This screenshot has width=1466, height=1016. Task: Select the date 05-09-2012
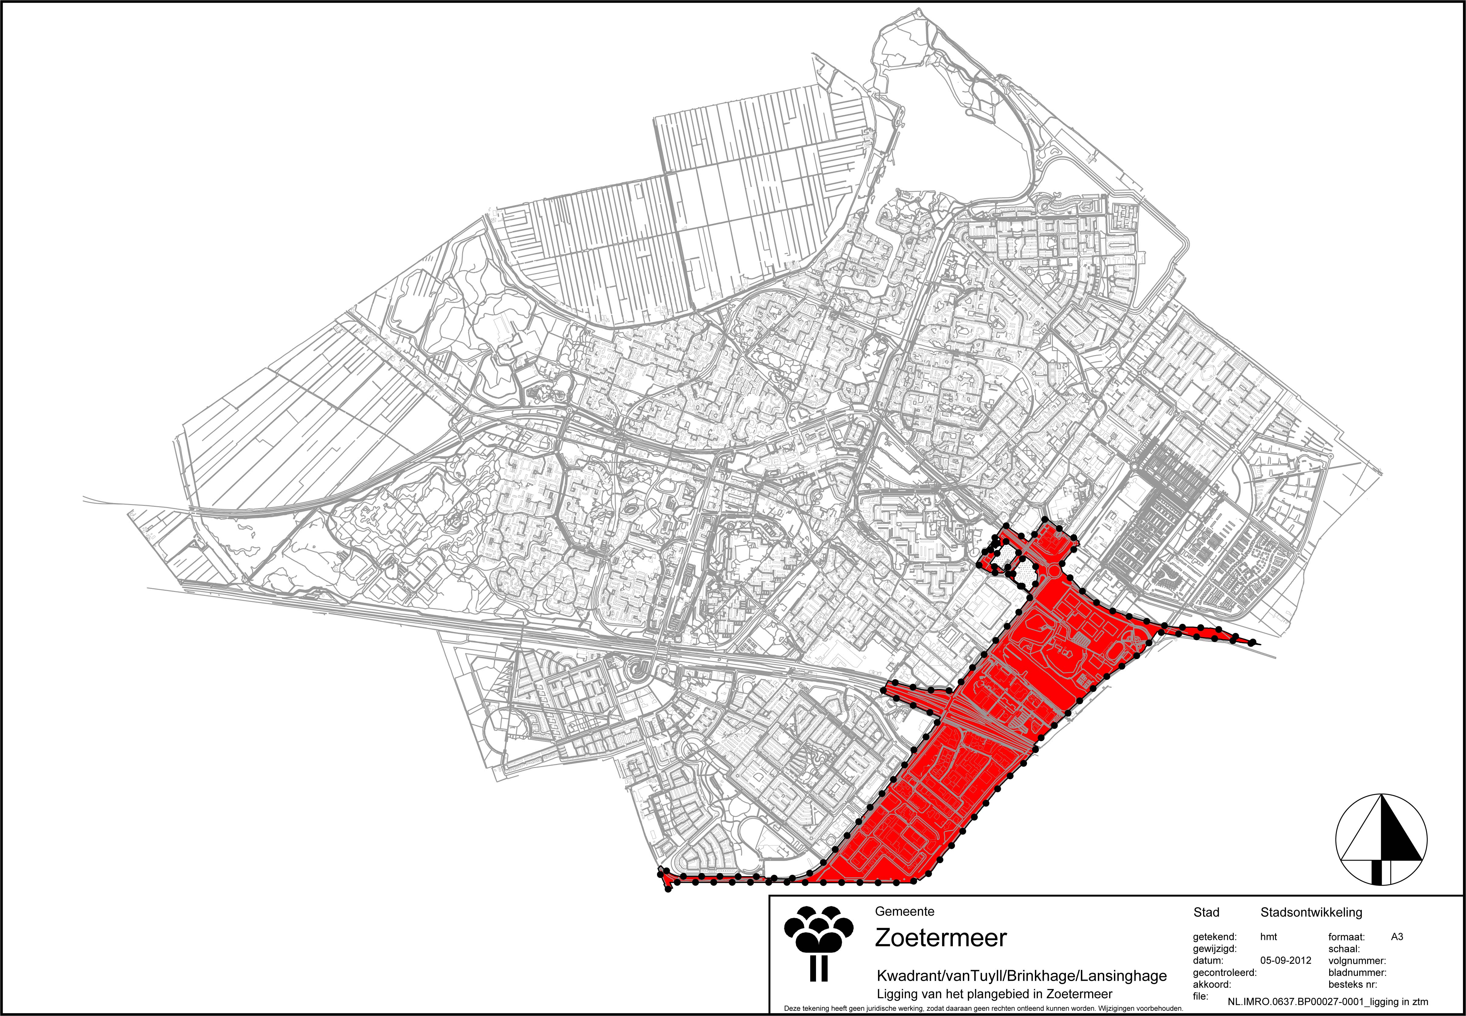pos(1285,961)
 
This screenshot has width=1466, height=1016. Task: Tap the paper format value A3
pos(1397,937)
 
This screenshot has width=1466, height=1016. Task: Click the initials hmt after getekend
pos(1269,937)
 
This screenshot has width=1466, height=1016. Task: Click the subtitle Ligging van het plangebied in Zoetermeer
pos(994,994)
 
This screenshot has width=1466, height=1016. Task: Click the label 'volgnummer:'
pos(1357,961)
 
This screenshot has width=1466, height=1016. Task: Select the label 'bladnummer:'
pos(1357,973)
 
